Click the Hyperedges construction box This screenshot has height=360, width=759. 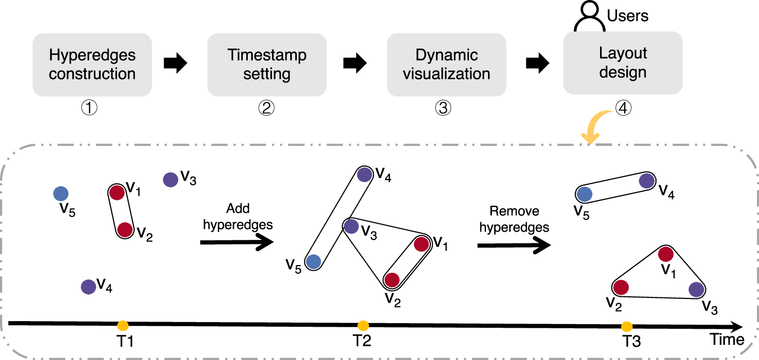[x=92, y=65]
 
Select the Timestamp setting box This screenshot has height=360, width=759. [x=267, y=65]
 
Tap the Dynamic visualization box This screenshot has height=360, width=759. [x=446, y=65]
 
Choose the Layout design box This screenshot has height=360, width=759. [x=623, y=63]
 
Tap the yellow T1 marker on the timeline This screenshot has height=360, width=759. [x=123, y=326]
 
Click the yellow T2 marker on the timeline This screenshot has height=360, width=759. [x=362, y=326]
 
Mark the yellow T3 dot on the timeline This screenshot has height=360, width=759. [x=627, y=326]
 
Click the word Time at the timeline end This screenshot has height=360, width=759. [x=727, y=339]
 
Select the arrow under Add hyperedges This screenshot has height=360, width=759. [x=237, y=243]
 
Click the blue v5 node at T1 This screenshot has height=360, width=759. [x=61, y=193]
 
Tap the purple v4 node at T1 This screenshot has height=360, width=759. [x=88, y=287]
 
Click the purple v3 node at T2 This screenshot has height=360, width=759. [x=351, y=226]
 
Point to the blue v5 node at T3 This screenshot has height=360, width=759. [x=584, y=194]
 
